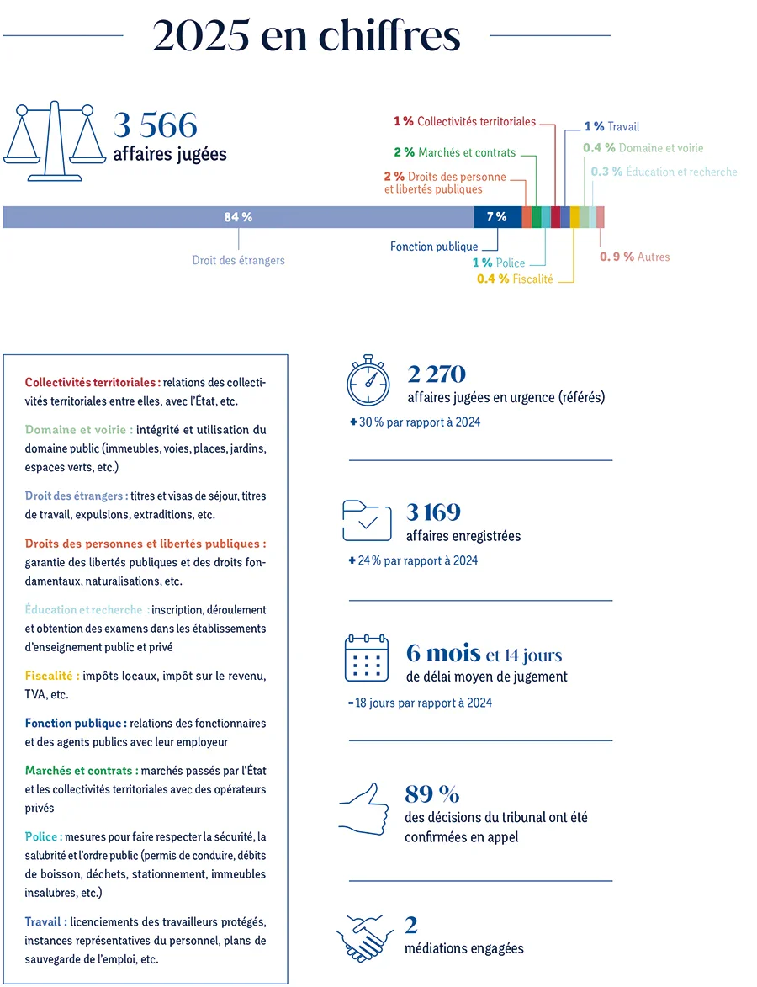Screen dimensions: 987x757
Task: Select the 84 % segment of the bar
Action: [238, 217]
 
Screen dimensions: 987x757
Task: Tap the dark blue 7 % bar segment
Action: [497, 217]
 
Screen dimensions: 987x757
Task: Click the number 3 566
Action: [156, 126]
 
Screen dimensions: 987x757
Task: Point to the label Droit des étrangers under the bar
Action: [239, 260]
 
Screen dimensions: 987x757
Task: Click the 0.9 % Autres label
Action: [634, 257]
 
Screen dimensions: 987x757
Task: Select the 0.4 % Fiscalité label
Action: [515, 279]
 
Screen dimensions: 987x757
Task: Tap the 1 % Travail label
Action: [612, 127]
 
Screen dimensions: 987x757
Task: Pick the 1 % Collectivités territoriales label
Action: [464, 122]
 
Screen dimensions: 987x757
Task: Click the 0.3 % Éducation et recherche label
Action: [664, 172]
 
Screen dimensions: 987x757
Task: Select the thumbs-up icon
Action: [364, 809]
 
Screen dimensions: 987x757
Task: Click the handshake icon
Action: [364, 937]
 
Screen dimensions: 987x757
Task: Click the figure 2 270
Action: [437, 374]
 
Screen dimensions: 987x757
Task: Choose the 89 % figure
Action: [431, 793]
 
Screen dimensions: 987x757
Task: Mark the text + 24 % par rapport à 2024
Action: [413, 560]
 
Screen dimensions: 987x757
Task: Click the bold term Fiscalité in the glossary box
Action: [52, 676]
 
